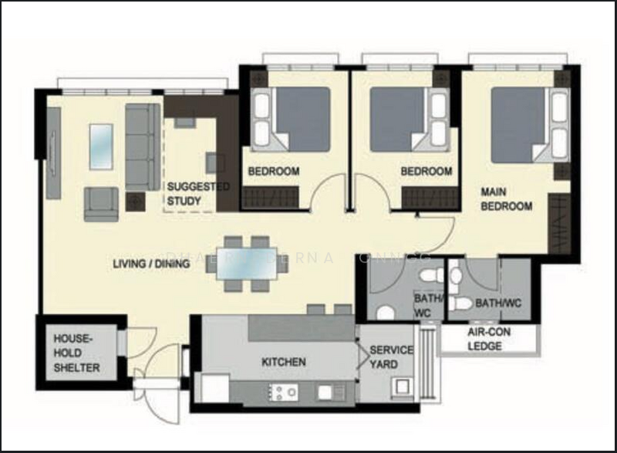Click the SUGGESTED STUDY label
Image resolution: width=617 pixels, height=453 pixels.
198,194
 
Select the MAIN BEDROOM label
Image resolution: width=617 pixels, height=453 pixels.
506,198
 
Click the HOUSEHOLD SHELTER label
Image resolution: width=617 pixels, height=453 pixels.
76,353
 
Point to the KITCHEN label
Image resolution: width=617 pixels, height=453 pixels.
283,361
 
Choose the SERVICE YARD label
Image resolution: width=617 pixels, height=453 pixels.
391,357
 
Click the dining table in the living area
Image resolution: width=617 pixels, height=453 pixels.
247,263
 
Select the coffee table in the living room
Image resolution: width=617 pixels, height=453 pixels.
101,147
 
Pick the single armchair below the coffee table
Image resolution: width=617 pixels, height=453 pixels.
101,204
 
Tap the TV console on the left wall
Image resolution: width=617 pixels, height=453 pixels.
53,153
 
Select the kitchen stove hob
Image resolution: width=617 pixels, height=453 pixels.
282,393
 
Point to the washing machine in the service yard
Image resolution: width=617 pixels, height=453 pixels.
401,387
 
